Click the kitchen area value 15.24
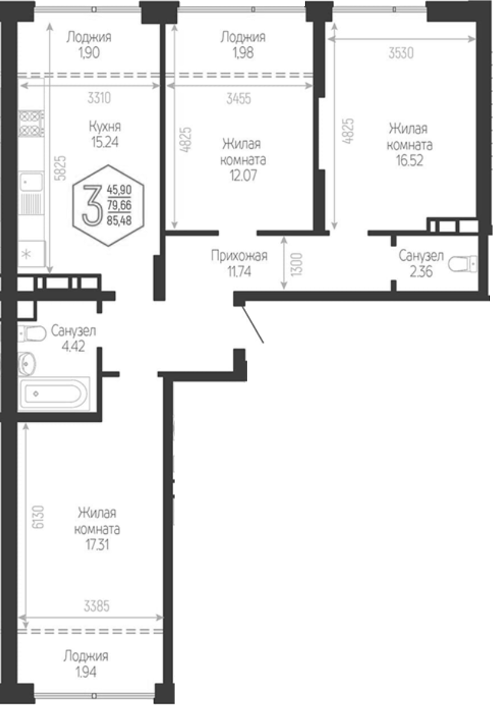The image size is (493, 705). click(105, 142)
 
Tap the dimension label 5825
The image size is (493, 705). click(61, 168)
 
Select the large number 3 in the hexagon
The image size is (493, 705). click(93, 205)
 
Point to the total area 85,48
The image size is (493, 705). click(119, 221)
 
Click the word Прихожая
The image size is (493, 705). click(240, 256)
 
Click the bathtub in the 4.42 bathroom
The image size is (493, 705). click(54, 393)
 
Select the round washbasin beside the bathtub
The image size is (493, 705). click(27, 363)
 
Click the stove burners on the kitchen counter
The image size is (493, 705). click(31, 123)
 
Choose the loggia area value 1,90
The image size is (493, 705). click(89, 52)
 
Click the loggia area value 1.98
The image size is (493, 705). click(243, 52)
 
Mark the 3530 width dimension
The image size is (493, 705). click(401, 53)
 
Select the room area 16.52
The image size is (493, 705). click(409, 160)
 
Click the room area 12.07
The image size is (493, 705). click(243, 175)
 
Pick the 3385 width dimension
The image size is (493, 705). click(96, 606)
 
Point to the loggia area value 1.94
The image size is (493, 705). click(85, 672)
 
